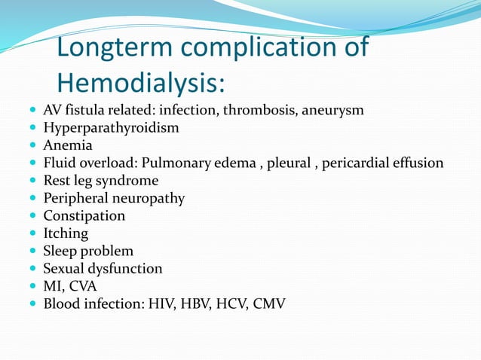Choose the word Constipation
click(84, 216)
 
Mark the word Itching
click(65, 233)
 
